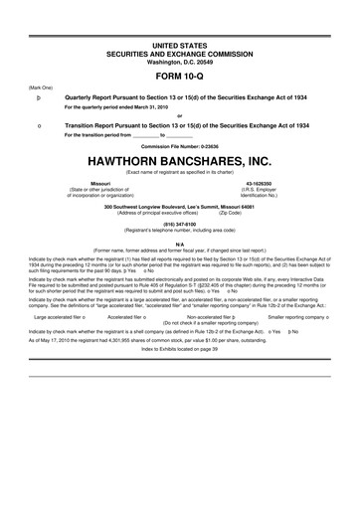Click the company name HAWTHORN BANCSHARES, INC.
179,159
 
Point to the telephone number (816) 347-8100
179,224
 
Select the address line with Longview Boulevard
179,205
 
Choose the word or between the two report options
179,111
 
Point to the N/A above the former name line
179,243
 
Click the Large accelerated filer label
58,316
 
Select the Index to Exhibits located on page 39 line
179,350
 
